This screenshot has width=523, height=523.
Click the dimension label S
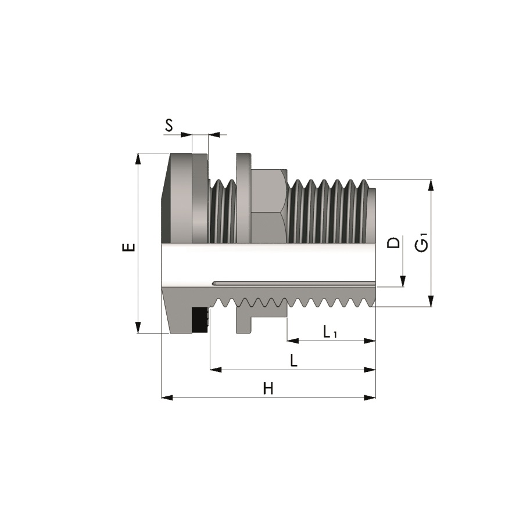[169, 125]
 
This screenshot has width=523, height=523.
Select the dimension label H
[268, 388]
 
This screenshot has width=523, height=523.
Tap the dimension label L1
[330, 332]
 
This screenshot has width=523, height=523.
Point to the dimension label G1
[422, 242]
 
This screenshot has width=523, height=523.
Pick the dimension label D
[394, 242]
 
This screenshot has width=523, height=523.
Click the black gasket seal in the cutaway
[200, 319]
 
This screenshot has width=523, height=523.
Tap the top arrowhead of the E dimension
[138, 158]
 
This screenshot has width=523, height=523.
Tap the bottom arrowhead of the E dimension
[138, 328]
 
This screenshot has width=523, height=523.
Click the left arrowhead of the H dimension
[167, 397]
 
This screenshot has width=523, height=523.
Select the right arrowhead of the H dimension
[370, 397]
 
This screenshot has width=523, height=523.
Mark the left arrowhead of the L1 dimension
[292, 341]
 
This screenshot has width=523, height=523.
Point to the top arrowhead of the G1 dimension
[431, 185]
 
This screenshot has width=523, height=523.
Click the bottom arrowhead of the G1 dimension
[431, 301]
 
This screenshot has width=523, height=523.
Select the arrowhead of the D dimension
[402, 282]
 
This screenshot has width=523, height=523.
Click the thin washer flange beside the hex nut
[243, 198]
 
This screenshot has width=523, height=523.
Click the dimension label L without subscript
[294, 361]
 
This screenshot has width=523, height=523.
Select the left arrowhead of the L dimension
[216, 369]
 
